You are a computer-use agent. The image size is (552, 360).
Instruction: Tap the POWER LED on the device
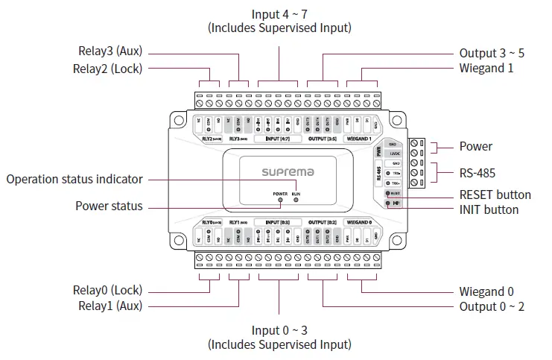coord(280,200)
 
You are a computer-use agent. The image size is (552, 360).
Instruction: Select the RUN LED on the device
coord(296,200)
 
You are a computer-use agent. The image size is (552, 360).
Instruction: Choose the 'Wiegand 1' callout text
coord(486,69)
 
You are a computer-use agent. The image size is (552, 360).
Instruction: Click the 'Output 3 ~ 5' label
coord(492,54)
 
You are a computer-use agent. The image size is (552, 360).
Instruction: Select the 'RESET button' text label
coord(495,195)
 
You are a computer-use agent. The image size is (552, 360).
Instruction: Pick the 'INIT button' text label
coord(489,209)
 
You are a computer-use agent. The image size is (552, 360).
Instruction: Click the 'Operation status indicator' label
coord(74,179)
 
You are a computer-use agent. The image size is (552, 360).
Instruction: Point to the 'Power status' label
coord(109,206)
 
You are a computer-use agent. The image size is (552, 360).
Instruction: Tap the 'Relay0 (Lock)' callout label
coord(107,290)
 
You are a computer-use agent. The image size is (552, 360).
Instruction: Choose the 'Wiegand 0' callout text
coord(486,291)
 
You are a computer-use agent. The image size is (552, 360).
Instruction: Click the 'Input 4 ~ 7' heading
coord(279,13)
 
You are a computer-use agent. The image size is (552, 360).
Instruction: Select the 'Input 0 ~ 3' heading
coord(279,330)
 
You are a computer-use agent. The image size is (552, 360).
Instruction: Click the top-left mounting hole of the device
coord(178,119)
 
